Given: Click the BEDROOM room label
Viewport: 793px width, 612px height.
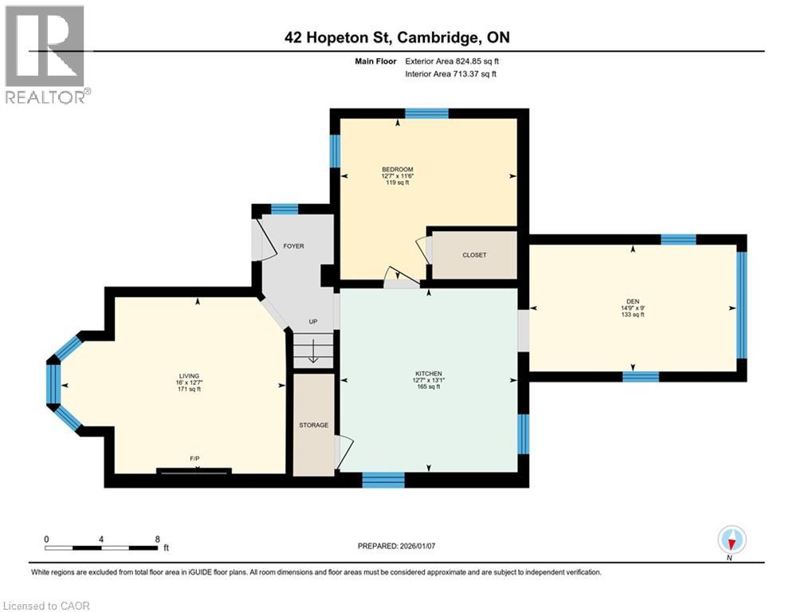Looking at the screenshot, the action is pos(397,169).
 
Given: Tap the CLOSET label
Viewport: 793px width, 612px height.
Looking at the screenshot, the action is pos(474,255).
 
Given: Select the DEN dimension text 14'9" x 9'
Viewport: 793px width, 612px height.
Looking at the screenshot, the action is pos(632,308).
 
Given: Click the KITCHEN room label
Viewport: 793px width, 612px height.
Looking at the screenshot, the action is pos(428,374).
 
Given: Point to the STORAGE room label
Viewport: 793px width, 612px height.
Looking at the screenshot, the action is pos(313,425).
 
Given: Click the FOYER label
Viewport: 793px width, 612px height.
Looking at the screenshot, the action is pos(294,246).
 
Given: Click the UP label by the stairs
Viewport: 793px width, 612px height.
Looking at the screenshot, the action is pos(313,323).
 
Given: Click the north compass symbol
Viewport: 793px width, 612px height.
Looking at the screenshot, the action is pos(731,540).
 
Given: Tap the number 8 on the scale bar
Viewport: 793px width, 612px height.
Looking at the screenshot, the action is pos(157,539).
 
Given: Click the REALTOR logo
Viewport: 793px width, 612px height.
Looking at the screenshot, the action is pos(46,54).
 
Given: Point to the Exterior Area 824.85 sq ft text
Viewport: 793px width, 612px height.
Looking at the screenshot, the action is pos(452,61).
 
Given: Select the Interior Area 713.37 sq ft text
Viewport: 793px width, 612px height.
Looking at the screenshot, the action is pos(451,74).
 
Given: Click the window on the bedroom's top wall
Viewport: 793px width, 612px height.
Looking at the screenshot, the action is pos(426,113).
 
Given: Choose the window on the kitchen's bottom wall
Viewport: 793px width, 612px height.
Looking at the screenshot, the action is pos(383,479).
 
